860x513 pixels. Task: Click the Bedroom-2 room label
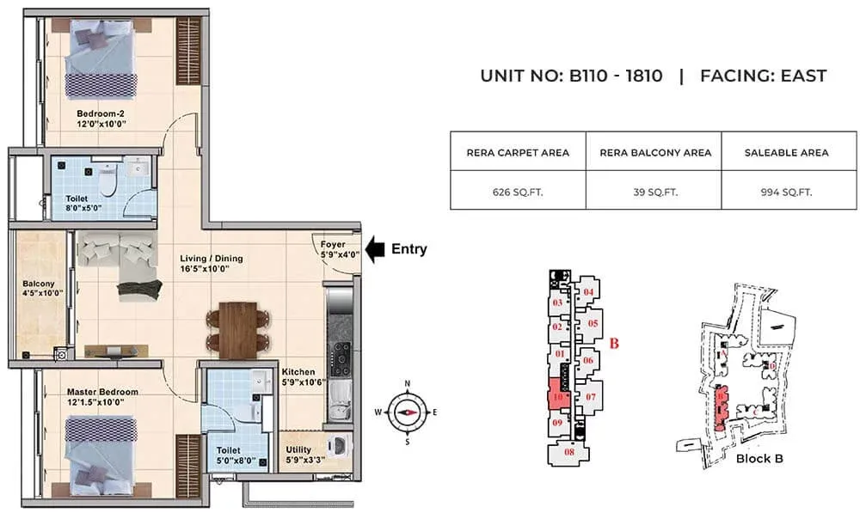coord(96,118)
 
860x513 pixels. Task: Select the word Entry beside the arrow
coord(409,249)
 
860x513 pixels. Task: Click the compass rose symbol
coord(407,412)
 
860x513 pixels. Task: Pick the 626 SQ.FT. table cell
coord(518,192)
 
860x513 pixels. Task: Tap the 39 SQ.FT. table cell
coord(654,192)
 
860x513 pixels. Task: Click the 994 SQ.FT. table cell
coord(789,192)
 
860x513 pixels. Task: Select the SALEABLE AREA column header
coord(789,152)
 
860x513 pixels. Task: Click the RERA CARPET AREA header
coord(518,152)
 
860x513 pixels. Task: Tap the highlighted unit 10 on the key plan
coord(557,399)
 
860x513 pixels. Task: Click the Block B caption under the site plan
coord(759,458)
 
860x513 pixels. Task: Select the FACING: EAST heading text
coord(763,76)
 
